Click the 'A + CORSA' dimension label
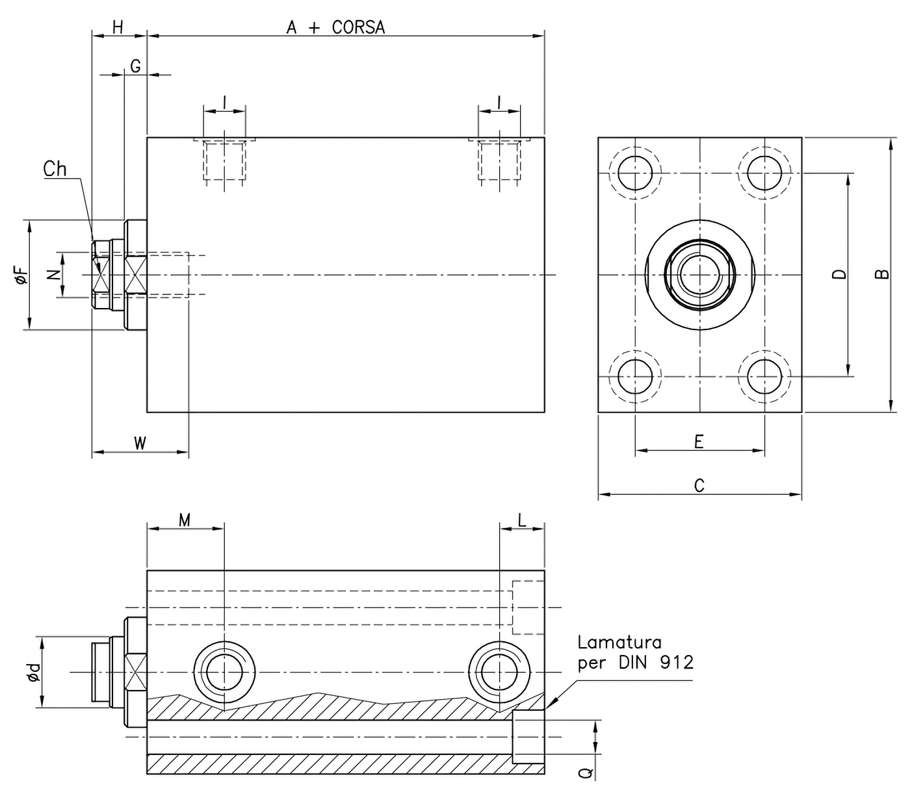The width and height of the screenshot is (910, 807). click(x=335, y=27)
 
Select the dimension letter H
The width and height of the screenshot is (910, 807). click(x=118, y=27)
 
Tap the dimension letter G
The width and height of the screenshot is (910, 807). click(x=135, y=66)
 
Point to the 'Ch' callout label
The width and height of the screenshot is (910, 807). click(x=55, y=169)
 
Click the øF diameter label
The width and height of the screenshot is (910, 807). click(x=20, y=275)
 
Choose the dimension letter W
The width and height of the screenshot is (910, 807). click(x=140, y=443)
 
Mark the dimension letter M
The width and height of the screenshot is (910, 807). click(x=185, y=520)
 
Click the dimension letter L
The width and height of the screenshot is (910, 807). click(x=522, y=520)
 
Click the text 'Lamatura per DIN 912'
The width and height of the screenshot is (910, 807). click(x=635, y=652)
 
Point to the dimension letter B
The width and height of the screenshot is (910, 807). click(x=881, y=274)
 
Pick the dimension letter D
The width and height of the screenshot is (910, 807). click(x=840, y=274)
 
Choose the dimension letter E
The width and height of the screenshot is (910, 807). click(x=699, y=442)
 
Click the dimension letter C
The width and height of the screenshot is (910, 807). click(x=699, y=486)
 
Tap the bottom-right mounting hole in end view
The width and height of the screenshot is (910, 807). click(x=764, y=376)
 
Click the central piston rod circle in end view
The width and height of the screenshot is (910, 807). click(x=699, y=275)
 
